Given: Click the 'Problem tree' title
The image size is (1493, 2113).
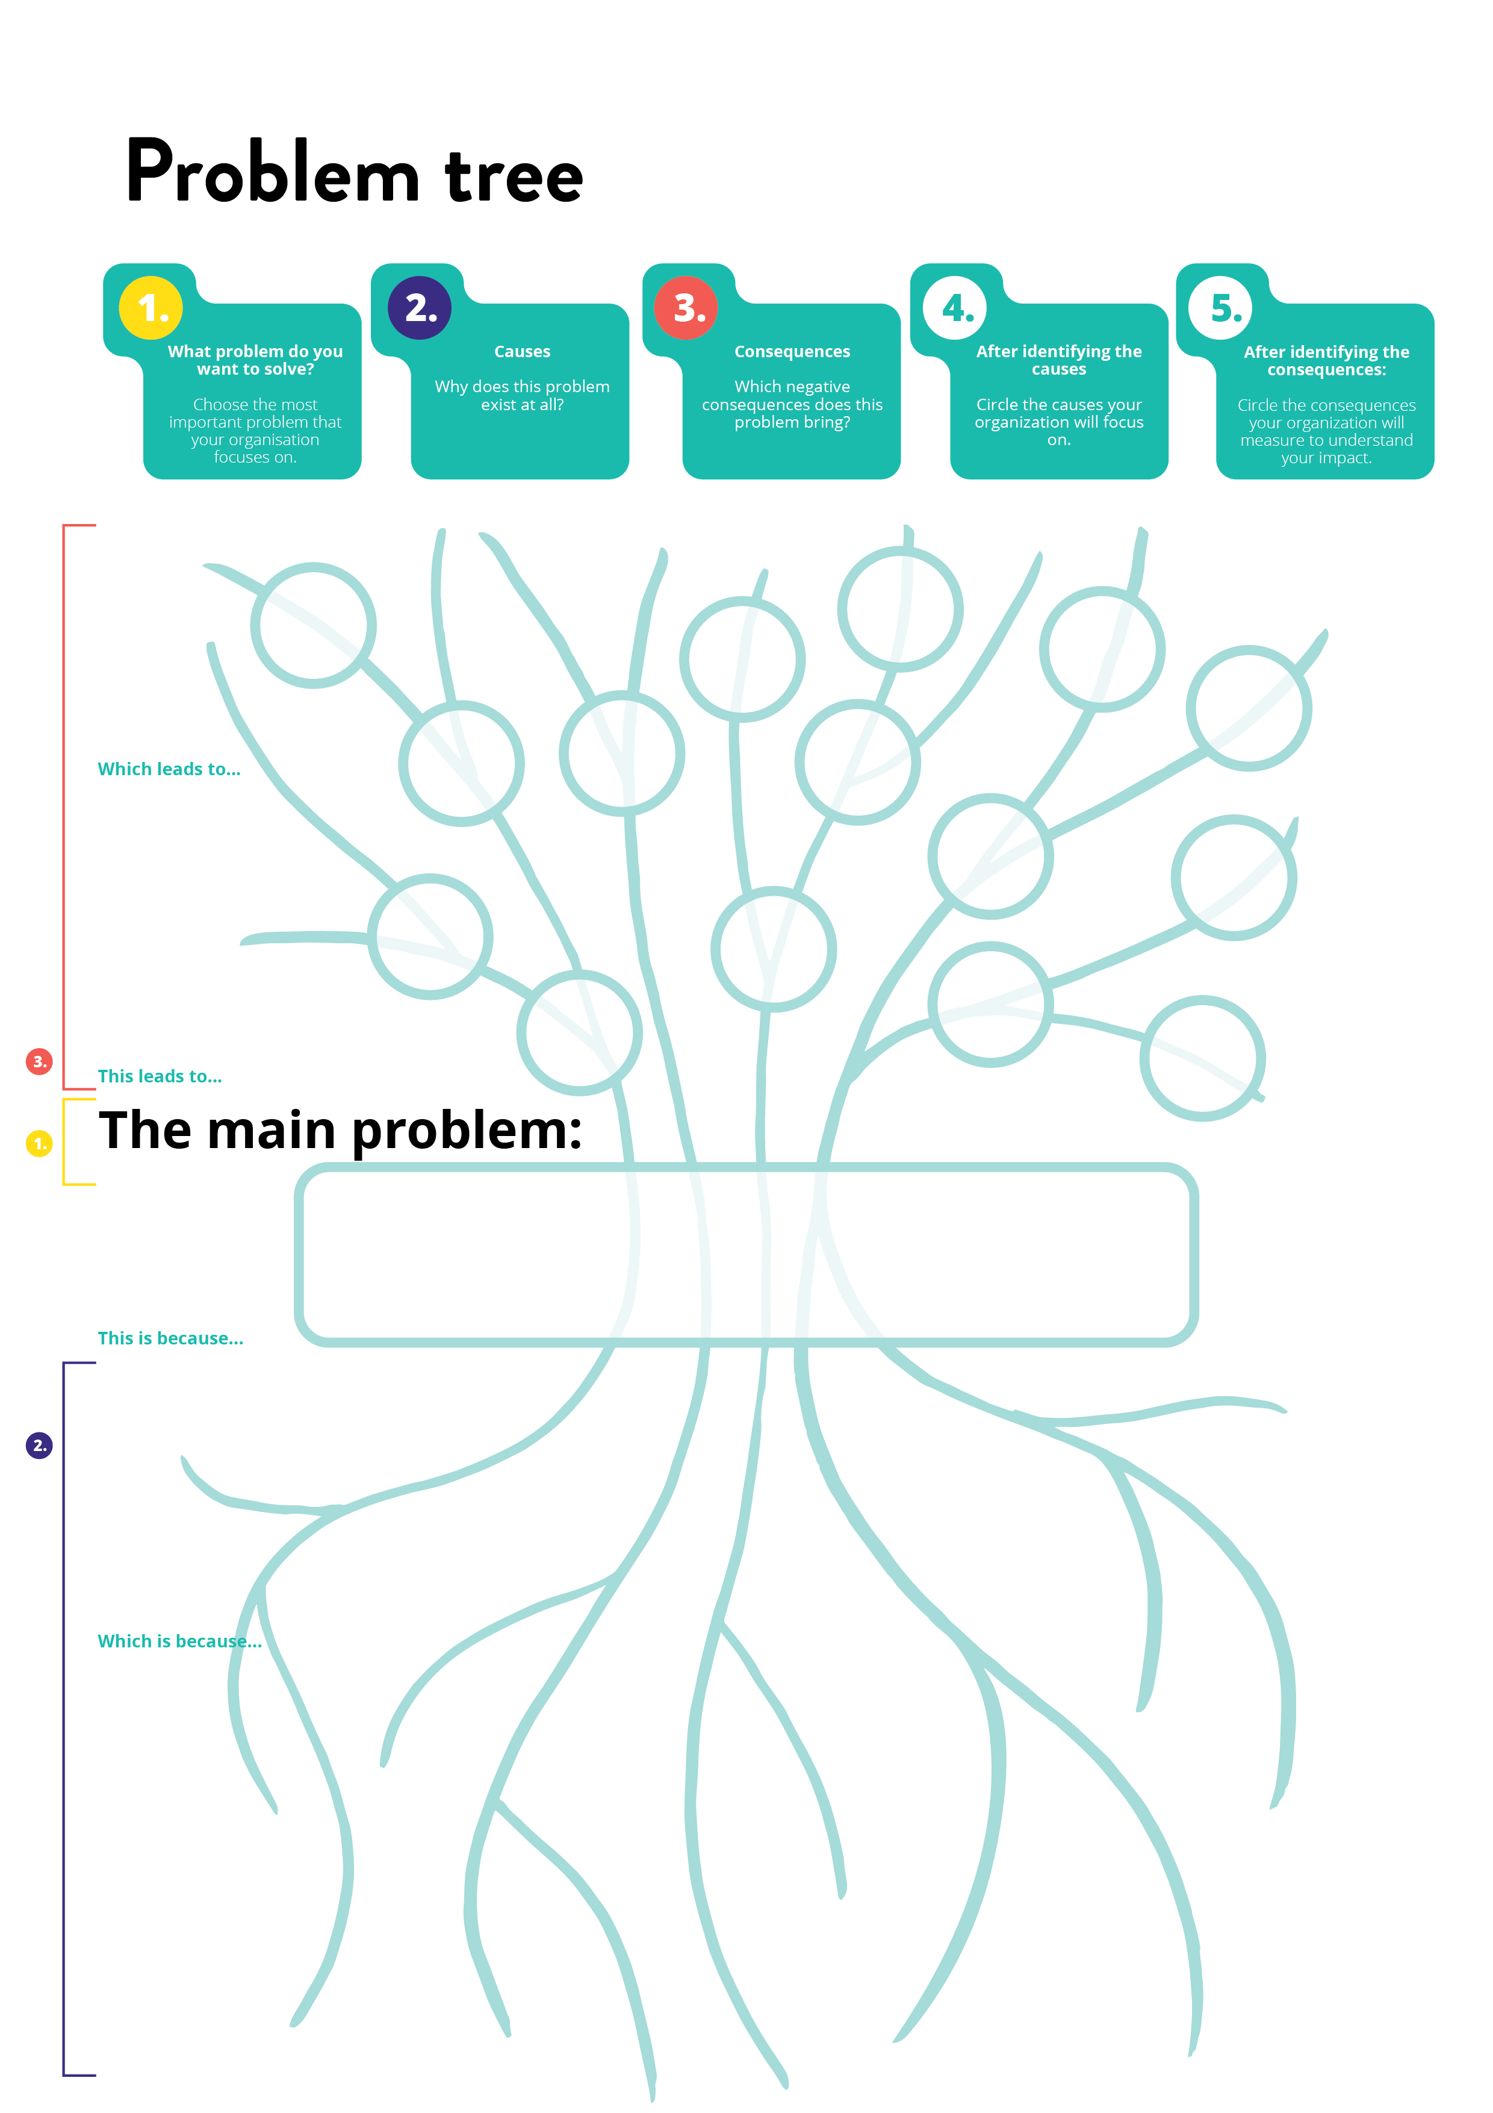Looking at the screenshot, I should (x=354, y=172).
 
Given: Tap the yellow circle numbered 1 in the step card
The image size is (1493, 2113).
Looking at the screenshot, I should (x=151, y=307).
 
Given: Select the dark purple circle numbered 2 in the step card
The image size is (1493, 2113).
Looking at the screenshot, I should (x=420, y=307).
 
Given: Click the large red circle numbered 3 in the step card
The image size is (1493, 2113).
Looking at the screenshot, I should (x=686, y=307).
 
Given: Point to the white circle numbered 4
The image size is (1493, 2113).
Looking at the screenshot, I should (x=955, y=307).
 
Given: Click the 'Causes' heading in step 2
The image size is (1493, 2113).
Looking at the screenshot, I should (x=521, y=352).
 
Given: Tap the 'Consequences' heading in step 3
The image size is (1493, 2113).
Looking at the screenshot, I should (x=792, y=352).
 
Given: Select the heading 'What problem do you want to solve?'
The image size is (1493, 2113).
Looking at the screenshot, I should (x=255, y=360).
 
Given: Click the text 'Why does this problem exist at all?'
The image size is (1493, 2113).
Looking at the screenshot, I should (x=521, y=396).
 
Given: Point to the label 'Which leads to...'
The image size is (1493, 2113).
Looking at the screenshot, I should (x=169, y=769).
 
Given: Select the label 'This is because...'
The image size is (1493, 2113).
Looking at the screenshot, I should (x=170, y=1338).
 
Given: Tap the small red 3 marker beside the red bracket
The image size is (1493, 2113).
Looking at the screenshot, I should (x=39, y=1061).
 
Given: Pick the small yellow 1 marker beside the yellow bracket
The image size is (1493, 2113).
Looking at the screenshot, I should (x=39, y=1143).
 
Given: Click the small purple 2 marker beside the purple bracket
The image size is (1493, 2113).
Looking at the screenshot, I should (x=39, y=1445).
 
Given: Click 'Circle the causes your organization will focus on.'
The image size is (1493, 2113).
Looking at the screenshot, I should (x=1059, y=422).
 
